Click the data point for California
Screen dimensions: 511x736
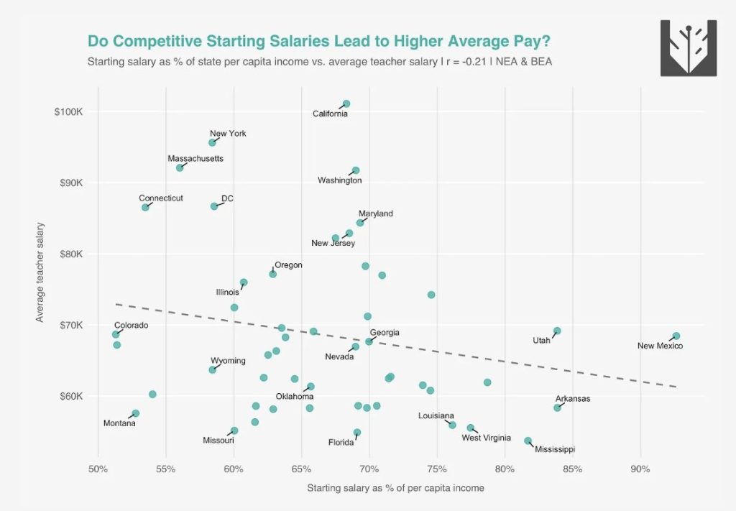point(346,103)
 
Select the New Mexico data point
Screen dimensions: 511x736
point(676,336)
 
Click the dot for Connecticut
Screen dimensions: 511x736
point(145,207)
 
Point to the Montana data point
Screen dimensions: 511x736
point(135,413)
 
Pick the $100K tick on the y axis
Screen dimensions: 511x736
point(69,112)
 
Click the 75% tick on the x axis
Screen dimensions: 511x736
point(437,469)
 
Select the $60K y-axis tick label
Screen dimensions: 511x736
point(69,396)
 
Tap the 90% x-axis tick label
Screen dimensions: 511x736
point(640,469)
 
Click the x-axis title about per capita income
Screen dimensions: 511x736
point(395,488)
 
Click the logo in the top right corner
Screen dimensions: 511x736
point(688,48)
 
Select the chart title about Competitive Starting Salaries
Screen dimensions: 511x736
point(319,41)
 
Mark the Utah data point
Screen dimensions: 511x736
point(557,331)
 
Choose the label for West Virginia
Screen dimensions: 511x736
point(486,438)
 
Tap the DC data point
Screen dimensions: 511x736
point(214,206)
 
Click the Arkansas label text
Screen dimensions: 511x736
point(573,399)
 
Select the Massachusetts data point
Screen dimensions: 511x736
point(180,167)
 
